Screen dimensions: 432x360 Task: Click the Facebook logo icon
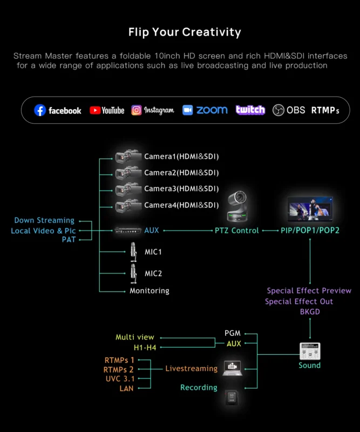(40, 110)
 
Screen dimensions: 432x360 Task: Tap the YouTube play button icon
(96, 110)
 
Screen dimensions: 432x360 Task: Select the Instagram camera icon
(137, 110)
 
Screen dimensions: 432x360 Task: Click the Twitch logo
(250, 110)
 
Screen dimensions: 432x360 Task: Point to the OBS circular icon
(279, 110)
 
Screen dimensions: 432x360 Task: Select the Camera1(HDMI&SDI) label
(181, 157)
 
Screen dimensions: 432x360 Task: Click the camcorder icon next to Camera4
(128, 205)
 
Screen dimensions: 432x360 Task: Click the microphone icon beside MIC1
(133, 252)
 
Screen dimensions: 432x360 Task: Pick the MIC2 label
(153, 273)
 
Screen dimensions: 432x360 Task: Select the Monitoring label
(150, 291)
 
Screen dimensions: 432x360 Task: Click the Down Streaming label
(44, 220)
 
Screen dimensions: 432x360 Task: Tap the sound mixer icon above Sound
(310, 351)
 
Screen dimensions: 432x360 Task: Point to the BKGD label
(310, 312)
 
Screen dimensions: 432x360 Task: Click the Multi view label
(135, 337)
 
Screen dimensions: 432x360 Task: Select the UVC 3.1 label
(120, 379)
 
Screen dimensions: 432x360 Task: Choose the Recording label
(199, 387)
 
